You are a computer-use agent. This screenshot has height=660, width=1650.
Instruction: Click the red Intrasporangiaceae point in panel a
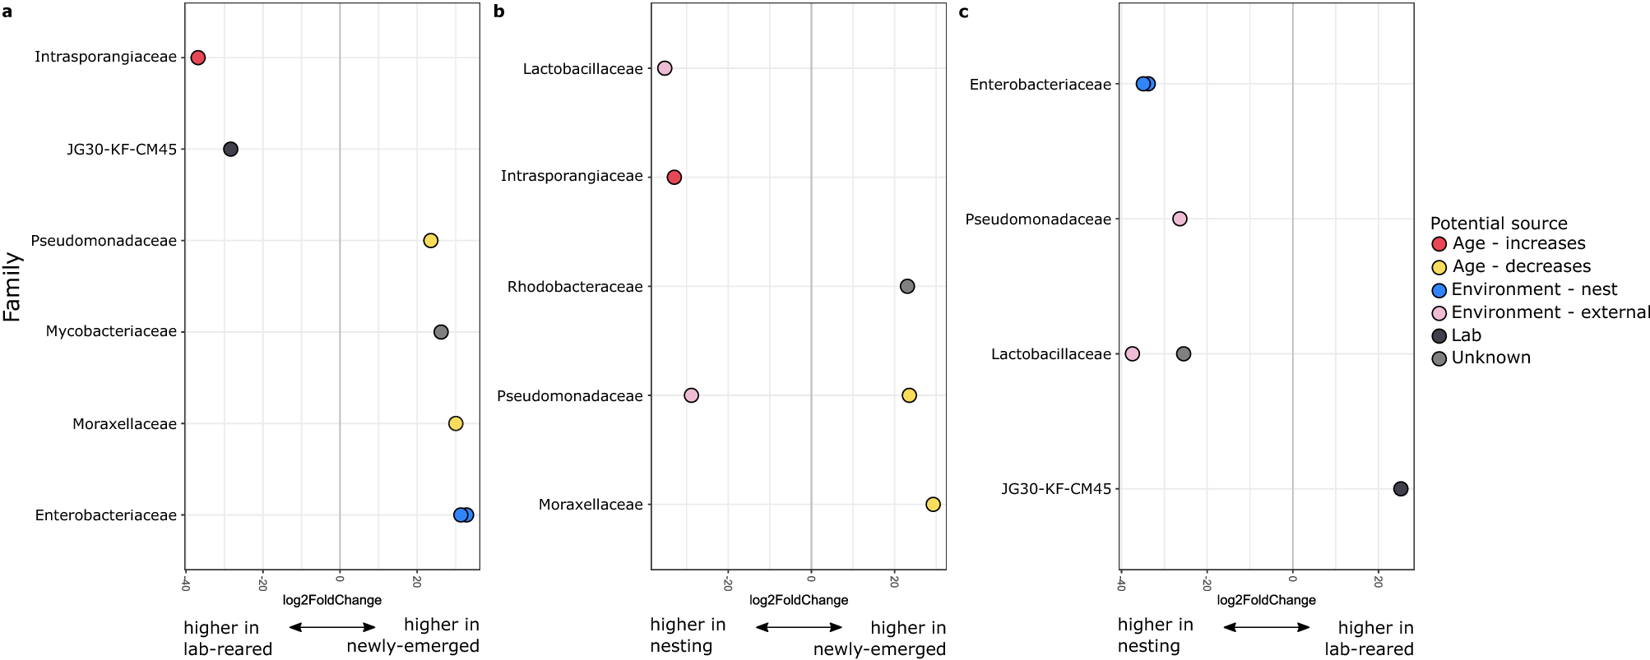pyautogui.click(x=197, y=58)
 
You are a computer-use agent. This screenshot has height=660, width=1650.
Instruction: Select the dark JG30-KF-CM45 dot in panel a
pyautogui.click(x=231, y=149)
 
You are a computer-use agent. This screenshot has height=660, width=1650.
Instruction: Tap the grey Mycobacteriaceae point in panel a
pyautogui.click(x=441, y=332)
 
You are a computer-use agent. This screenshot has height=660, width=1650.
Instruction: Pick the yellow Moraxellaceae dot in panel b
pyautogui.click(x=933, y=504)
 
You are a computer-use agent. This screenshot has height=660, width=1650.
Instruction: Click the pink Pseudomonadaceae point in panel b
pyautogui.click(x=691, y=395)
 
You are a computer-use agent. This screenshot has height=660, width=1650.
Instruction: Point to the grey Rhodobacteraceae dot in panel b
pyautogui.click(x=907, y=286)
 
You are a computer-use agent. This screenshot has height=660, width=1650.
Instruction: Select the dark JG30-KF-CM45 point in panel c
pyautogui.click(x=1401, y=488)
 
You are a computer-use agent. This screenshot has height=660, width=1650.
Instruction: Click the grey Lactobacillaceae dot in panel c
pyautogui.click(x=1184, y=353)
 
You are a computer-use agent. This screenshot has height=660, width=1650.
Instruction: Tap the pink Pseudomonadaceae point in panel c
pyautogui.click(x=1180, y=219)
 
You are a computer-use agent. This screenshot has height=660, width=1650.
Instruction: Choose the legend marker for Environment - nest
pyautogui.click(x=1439, y=290)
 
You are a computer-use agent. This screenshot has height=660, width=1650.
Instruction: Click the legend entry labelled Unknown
pyautogui.click(x=1490, y=358)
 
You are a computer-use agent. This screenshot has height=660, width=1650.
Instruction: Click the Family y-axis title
pyautogui.click(x=12, y=286)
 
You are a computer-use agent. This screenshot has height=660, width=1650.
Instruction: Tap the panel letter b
pyautogui.click(x=499, y=12)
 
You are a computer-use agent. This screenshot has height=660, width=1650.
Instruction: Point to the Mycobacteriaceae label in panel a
pyautogui.click(x=111, y=331)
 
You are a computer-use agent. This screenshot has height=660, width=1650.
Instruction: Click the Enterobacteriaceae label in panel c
pyautogui.click(x=1040, y=84)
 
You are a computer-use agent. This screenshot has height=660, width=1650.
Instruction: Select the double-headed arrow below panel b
pyautogui.click(x=799, y=627)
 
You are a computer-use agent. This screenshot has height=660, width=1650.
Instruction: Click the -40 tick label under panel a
pyautogui.click(x=186, y=584)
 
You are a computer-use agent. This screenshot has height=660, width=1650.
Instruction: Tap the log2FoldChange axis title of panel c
pyautogui.click(x=1266, y=600)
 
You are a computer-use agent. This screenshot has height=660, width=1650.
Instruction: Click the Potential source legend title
pyautogui.click(x=1499, y=224)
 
